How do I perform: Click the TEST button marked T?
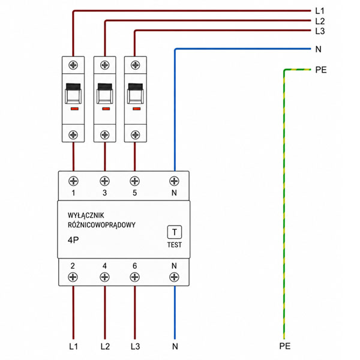pos(175,232)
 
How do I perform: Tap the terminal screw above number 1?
pos(73,181)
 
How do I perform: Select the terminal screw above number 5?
pos(135,181)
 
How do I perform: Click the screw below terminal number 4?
pos(104,277)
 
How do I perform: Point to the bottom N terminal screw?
pos(174,277)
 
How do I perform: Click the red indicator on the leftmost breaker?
pos(74,109)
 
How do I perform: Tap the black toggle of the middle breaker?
pos(105,86)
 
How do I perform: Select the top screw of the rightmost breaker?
pos(135,65)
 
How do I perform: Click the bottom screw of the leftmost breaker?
pos(73,135)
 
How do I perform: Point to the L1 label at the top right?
pos(320,11)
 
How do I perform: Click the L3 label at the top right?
pos(320,31)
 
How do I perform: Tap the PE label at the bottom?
pos(284,346)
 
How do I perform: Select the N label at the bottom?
pos(175,346)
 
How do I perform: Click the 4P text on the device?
pos(73,240)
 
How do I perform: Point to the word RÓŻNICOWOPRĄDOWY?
pos(101,225)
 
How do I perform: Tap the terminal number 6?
pos(135,266)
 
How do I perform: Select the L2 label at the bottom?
pos(105,346)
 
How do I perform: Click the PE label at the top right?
pos(321,70)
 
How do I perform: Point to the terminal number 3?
pos(104,193)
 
